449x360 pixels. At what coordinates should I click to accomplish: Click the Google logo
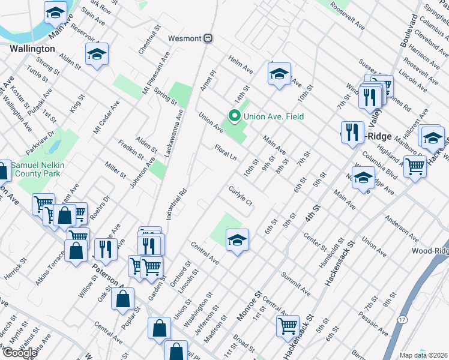pyautogui.click(x=20, y=353)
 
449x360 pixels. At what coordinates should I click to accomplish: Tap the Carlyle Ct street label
pyautogui.click(x=240, y=197)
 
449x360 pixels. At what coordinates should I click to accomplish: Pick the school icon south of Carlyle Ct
pyautogui.click(x=237, y=240)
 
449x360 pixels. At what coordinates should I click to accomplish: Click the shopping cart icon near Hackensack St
pyautogui.click(x=288, y=325)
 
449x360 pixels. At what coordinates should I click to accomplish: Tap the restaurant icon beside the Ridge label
pyautogui.click(x=352, y=132)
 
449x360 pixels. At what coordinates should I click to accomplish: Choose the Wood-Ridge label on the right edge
pyautogui.click(x=430, y=250)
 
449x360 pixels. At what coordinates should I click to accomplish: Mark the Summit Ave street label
pyautogui.click(x=298, y=286)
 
